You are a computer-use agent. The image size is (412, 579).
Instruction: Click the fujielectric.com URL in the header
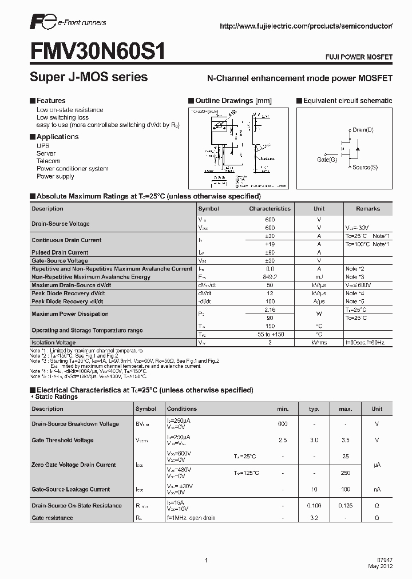[x=306, y=26]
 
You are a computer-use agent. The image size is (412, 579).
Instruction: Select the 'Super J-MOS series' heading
[x=89, y=77]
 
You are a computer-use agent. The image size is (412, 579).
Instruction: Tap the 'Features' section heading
[x=51, y=101]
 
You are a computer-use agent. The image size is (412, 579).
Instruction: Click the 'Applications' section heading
[x=57, y=137]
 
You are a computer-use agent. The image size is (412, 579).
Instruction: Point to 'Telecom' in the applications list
[x=48, y=161]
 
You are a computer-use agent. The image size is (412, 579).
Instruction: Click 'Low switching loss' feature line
[x=62, y=117]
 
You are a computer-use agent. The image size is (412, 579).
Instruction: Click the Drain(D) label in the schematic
[x=363, y=130]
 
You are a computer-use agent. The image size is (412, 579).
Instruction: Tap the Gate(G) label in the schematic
[x=327, y=160]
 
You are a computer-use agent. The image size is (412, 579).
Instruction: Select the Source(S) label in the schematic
[x=365, y=167]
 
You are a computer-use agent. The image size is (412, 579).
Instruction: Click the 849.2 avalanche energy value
[x=270, y=277]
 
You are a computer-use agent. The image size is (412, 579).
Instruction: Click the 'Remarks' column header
[x=367, y=209]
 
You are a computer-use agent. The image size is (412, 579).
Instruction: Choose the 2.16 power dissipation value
[x=270, y=310]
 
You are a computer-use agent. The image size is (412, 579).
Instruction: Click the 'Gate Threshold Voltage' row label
[x=62, y=441]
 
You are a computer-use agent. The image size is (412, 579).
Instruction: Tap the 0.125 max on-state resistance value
[x=345, y=506]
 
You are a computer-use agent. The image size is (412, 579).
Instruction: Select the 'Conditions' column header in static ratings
[x=181, y=409]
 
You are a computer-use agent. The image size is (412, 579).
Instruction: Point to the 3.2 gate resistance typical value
[x=314, y=518]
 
